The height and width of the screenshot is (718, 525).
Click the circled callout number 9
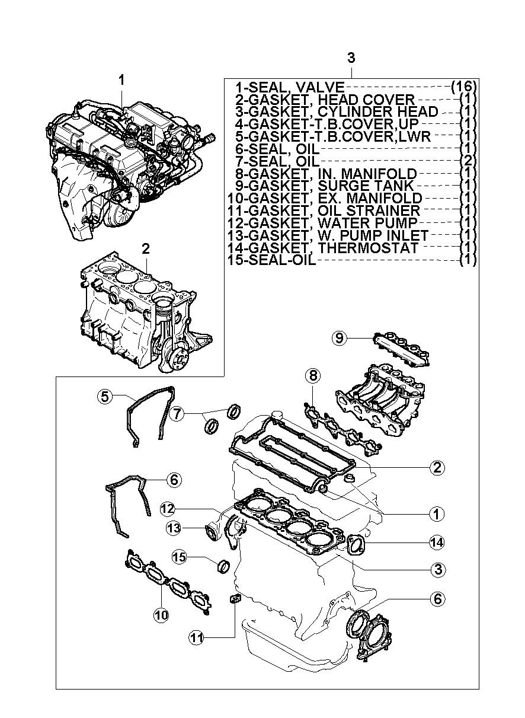[x=339, y=338]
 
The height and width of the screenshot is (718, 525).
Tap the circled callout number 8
[x=313, y=375]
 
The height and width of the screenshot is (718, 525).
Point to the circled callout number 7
[x=177, y=414]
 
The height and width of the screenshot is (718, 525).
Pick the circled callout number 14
[x=437, y=543]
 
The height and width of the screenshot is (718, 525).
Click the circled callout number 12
[x=168, y=508]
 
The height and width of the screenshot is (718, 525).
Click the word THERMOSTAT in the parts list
[x=368, y=248]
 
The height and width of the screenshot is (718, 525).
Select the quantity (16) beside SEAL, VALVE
[x=463, y=87]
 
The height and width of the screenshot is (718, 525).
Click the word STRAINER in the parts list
[x=369, y=211]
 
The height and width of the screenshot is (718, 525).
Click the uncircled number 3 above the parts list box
[x=351, y=58]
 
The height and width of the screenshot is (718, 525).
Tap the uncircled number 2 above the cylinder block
[x=146, y=249]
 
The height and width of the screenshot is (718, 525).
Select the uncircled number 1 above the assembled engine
[x=121, y=80]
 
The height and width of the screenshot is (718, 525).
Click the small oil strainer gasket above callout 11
[x=235, y=598]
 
